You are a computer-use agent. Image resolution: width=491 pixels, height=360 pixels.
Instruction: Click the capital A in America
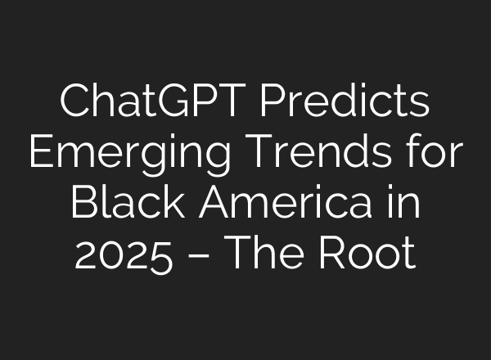tap(211, 202)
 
